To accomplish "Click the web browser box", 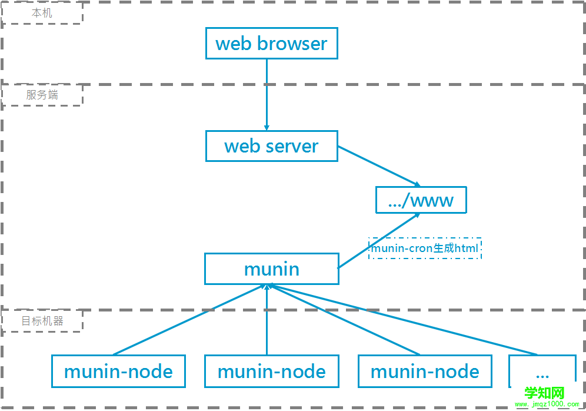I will coord(271,44).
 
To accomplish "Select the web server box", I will coord(271,146).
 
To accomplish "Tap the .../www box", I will coord(421,200).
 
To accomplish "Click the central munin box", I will coord(271,269).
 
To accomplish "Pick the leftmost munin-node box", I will coord(118,371).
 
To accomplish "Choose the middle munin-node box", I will coord(271,371).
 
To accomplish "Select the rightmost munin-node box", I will coord(425,371).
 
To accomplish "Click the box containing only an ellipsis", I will coord(542,371).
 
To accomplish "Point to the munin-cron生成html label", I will coord(424,248).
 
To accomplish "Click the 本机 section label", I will coord(42,13).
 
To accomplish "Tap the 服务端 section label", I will coord(42,95).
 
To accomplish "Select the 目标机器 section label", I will coord(42,321).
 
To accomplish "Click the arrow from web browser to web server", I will coord(267,94).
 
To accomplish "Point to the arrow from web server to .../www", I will coord(378,166).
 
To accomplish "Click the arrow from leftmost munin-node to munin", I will coord(189,320).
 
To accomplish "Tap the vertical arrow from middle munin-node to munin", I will coord(267,321).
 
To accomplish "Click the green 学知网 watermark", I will coord(544,393).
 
